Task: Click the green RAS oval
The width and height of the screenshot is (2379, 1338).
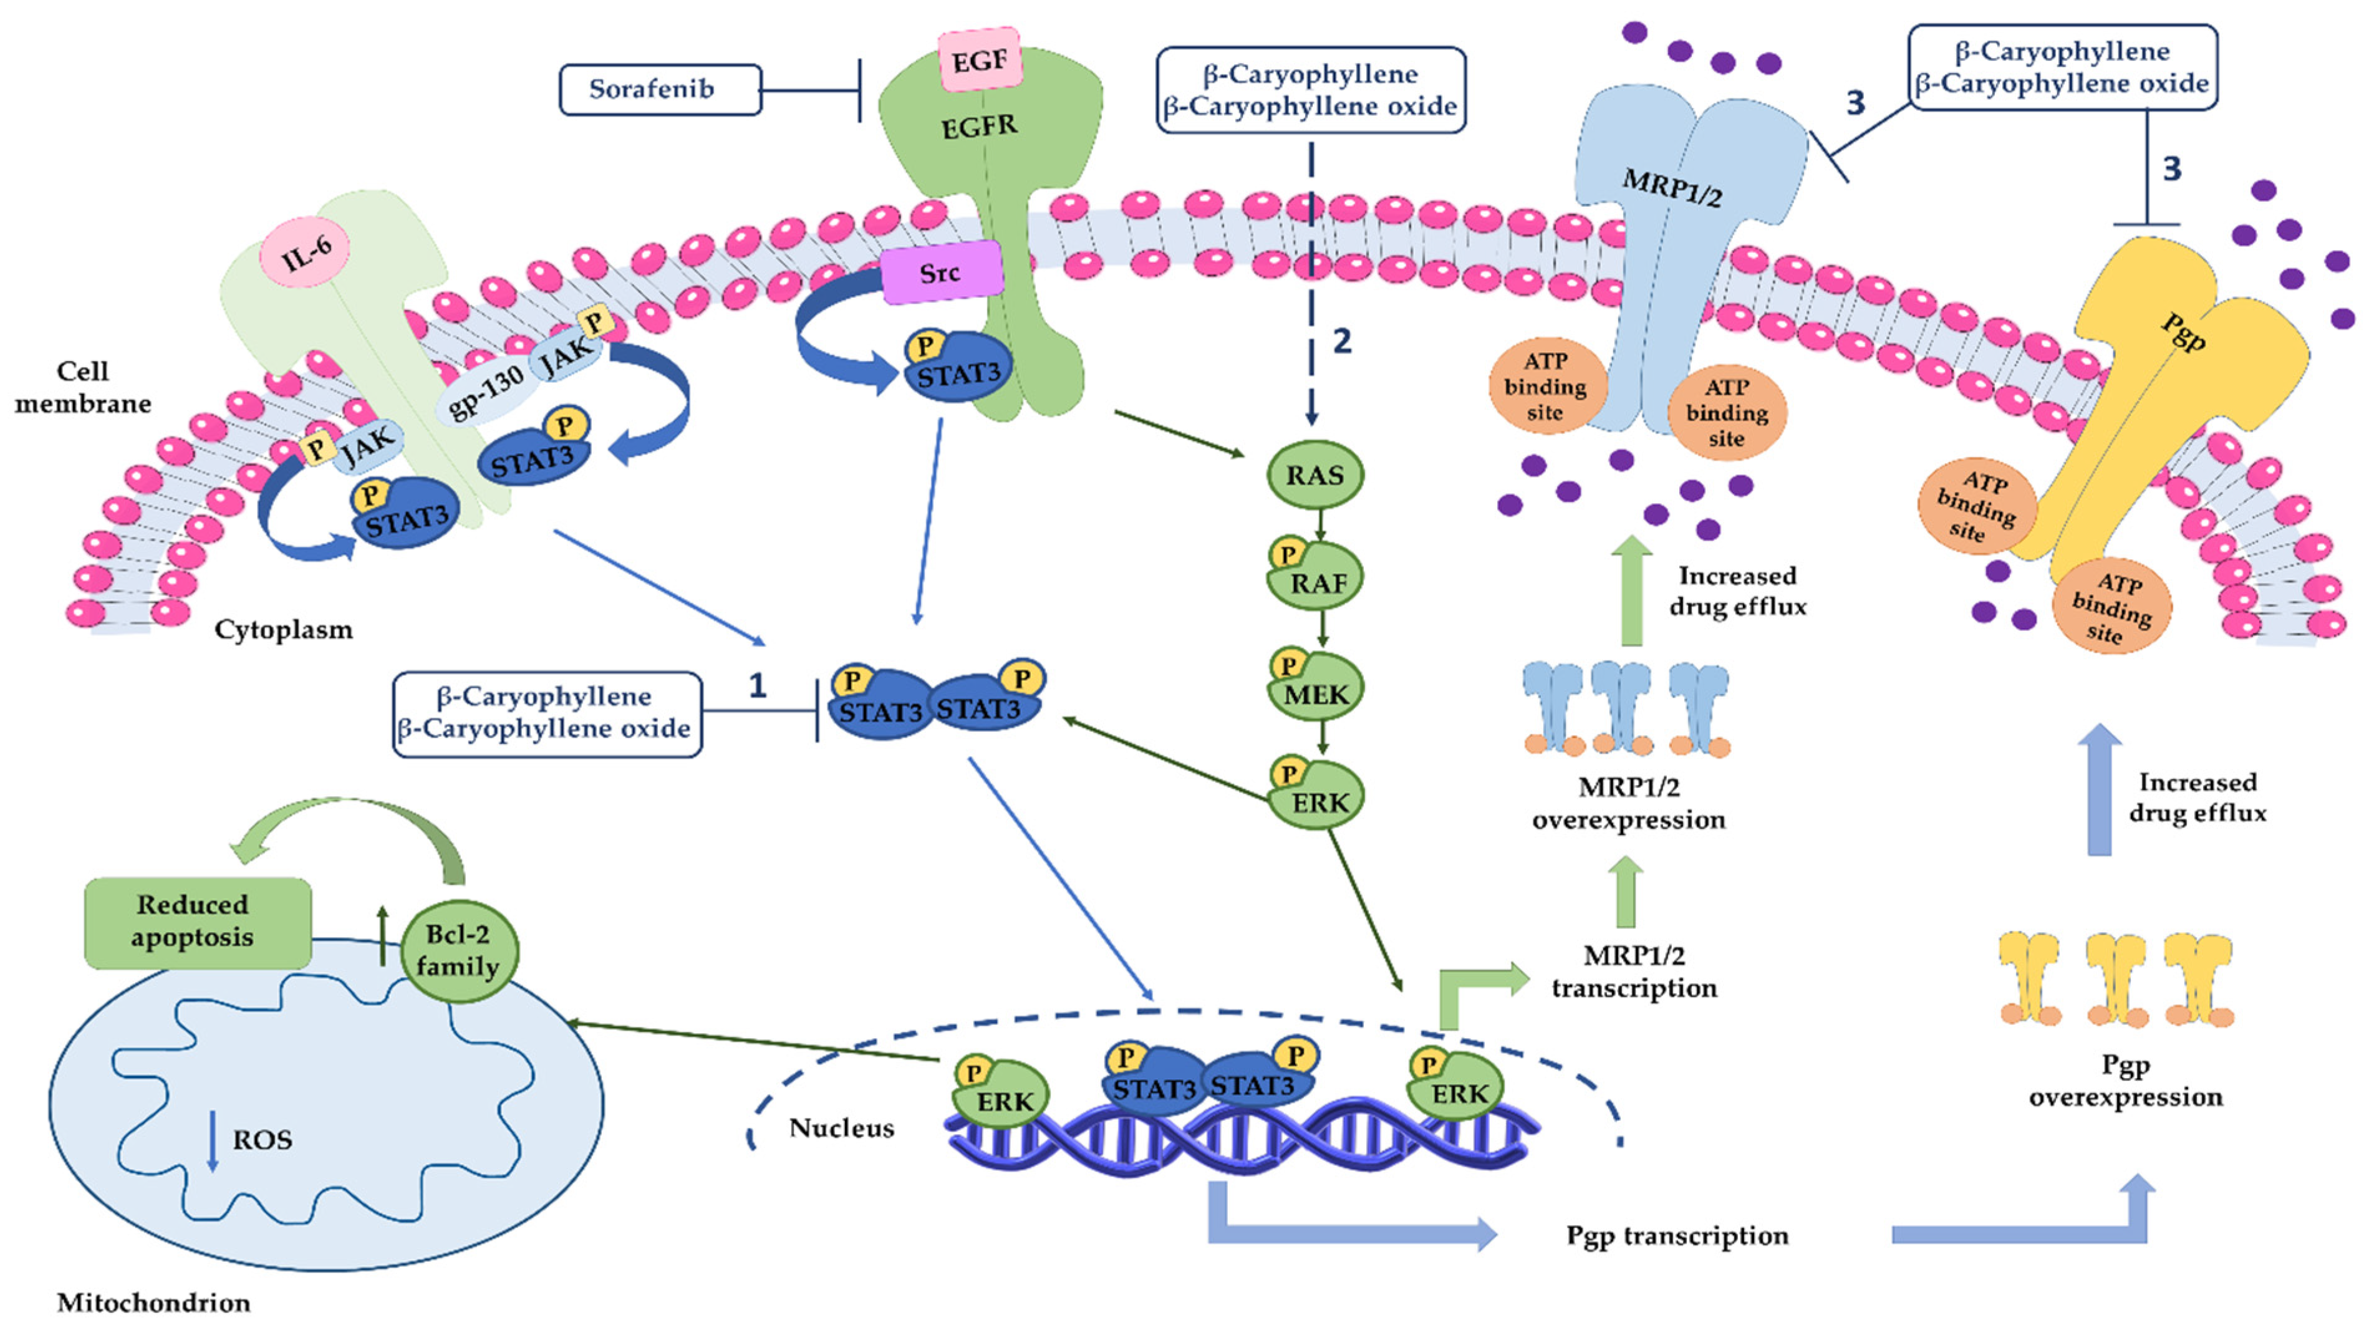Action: click(1315, 476)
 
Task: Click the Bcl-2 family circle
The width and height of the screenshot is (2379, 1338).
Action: click(458, 951)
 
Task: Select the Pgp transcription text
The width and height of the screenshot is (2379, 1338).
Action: click(1676, 1236)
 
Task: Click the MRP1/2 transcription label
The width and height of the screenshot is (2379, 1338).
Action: click(1634, 971)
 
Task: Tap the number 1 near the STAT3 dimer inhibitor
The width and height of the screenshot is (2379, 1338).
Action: click(757, 685)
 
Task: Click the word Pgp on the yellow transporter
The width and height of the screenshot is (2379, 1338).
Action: click(2184, 332)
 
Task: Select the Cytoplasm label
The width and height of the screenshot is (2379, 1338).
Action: click(284, 630)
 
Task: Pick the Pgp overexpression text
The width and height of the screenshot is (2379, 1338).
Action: click(2125, 1081)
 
